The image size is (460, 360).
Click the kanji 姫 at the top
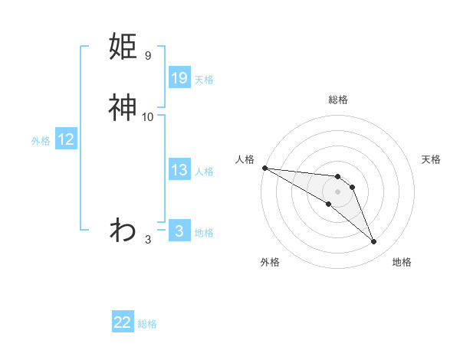pyautogui.click(x=123, y=47)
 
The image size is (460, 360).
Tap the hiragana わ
pyautogui.click(x=123, y=229)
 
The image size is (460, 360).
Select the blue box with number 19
pyautogui.click(x=179, y=77)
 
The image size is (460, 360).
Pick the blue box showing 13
pyautogui.click(x=179, y=170)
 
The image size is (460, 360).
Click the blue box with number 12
pyautogui.click(x=66, y=139)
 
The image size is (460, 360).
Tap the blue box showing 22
pyautogui.click(x=123, y=322)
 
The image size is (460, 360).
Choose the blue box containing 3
pyautogui.click(x=179, y=231)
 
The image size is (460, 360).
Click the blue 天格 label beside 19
pyautogui.click(x=204, y=79)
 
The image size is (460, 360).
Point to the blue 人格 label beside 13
pyautogui.click(x=204, y=172)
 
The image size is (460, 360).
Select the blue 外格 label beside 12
pyautogui.click(x=41, y=141)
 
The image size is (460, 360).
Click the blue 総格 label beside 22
pyautogui.click(x=147, y=324)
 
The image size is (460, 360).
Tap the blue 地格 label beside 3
pyautogui.click(x=204, y=233)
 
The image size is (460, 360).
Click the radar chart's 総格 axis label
pyautogui.click(x=337, y=100)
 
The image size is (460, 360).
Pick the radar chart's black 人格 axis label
pyautogui.click(x=245, y=159)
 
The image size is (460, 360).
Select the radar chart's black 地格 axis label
pyautogui.click(x=402, y=262)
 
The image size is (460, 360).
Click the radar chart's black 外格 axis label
pyautogui.click(x=269, y=262)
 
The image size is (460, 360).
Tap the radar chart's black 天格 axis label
pyautogui.click(x=431, y=159)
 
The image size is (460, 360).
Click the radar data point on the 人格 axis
pyautogui.click(x=264, y=168)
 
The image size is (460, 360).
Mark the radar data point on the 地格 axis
pyautogui.click(x=373, y=242)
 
